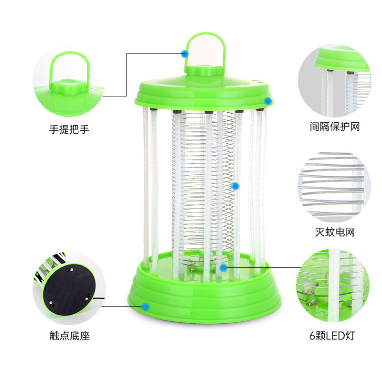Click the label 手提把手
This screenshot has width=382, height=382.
[x=69, y=129]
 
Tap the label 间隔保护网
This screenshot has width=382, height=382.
[x=335, y=127]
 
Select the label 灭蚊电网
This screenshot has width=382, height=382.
[x=335, y=232]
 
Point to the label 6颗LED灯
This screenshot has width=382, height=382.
[x=332, y=336]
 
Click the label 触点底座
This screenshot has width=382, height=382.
[x=69, y=336]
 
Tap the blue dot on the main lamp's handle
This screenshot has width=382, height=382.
[x=185, y=53]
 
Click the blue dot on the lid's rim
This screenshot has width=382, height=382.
[x=268, y=101]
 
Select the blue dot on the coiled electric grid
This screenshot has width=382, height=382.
[x=235, y=186]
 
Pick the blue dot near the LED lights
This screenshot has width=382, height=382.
[x=223, y=268]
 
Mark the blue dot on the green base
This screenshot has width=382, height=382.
[x=146, y=307]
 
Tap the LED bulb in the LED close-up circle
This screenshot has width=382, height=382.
[x=307, y=286]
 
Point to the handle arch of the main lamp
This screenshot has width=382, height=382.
[x=205, y=34]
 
